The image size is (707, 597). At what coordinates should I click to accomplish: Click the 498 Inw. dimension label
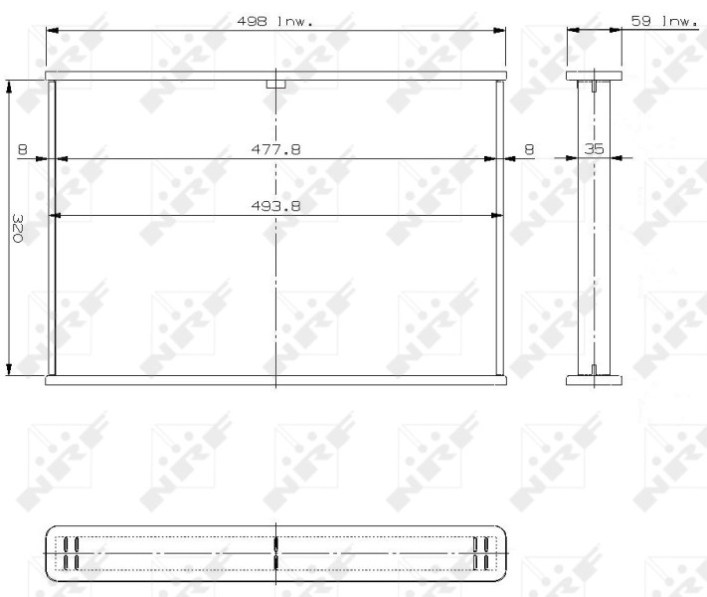[274, 21]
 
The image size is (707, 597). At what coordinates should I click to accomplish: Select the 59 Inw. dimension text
[664, 21]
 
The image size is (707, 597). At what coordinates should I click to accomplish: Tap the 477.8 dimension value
[275, 149]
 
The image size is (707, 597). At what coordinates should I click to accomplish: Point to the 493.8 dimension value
[275, 206]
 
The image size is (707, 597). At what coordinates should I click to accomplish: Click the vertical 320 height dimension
[17, 228]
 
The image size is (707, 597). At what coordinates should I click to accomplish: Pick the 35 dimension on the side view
[594, 149]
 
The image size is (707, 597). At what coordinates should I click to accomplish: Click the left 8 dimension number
[23, 149]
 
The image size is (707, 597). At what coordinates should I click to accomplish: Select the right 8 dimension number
[529, 149]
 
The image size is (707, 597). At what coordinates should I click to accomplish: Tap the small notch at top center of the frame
[276, 85]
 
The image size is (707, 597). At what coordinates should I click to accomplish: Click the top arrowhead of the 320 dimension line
[9, 87]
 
